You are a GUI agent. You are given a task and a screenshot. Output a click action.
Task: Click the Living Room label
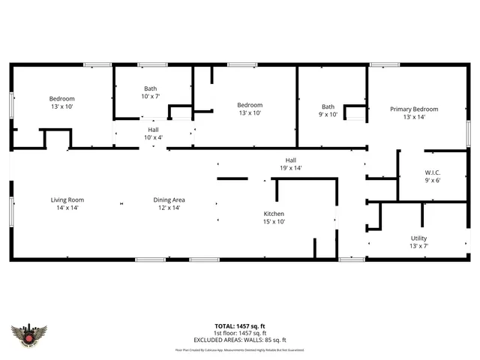pos(67,199)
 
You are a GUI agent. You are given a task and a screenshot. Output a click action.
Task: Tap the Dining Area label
pos(169,199)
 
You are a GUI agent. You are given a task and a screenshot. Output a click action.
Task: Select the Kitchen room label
pos(273,214)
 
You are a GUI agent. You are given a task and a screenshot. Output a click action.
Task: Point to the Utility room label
pos(418,238)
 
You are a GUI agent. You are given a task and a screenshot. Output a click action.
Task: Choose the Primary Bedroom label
pos(414,109)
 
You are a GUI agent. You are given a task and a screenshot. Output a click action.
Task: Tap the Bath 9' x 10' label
pos(328,106)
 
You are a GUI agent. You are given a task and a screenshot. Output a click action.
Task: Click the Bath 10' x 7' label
pos(151,88)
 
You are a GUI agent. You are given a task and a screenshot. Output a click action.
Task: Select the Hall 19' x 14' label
pos(290,160)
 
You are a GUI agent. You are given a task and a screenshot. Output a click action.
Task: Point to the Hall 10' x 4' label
pos(152,130)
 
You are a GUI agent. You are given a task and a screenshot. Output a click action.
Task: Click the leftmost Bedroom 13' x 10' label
pos(61,99)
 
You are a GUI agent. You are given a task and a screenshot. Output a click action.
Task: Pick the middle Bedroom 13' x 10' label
pos(250,105)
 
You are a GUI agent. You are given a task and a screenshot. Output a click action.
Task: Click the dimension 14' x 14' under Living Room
pos(67,208)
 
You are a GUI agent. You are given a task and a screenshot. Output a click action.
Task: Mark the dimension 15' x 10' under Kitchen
pos(273,222)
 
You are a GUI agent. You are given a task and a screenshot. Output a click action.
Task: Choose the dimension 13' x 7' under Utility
pos(418,247)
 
